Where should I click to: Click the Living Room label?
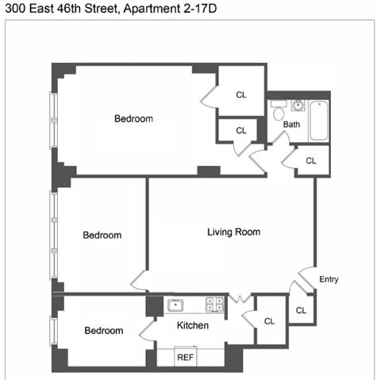pyautogui.click(x=233, y=232)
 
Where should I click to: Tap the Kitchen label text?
pyautogui.click(x=192, y=326)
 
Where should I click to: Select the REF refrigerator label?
pyautogui.click(x=185, y=357)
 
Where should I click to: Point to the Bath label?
pyautogui.click(x=292, y=125)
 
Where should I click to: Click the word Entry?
pyautogui.click(x=329, y=279)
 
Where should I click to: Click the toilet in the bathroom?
pyautogui.click(x=277, y=114)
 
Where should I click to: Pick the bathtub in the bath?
pyautogui.click(x=318, y=120)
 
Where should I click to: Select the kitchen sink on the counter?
pyautogui.click(x=175, y=304)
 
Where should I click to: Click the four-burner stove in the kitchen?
pyautogui.click(x=214, y=304)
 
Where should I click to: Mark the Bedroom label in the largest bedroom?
pyautogui.click(x=133, y=119)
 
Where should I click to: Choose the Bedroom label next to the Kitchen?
pyautogui.click(x=104, y=331)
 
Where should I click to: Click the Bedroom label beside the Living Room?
pyautogui.click(x=102, y=235)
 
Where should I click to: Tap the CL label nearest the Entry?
pyautogui.click(x=301, y=309)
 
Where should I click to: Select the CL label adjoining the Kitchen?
pyautogui.click(x=269, y=321)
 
